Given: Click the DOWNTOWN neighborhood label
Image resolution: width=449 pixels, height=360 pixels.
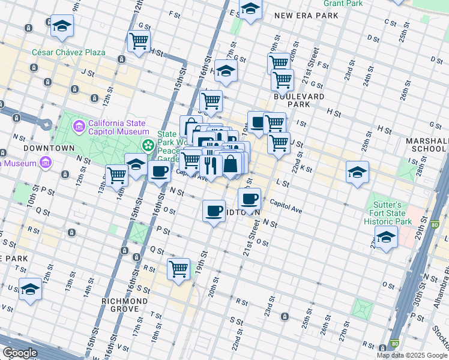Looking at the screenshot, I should click(x=49, y=148).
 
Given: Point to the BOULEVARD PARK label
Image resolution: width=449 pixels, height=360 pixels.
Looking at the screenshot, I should click(x=299, y=100).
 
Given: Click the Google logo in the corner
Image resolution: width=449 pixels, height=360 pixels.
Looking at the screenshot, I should click(x=20, y=353).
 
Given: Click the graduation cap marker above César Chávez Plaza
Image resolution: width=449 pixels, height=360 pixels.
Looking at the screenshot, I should click(x=61, y=26).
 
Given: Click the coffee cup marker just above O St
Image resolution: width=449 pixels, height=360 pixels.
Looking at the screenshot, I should click(x=214, y=211).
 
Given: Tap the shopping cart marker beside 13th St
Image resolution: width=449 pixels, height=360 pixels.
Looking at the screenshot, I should click(x=116, y=175).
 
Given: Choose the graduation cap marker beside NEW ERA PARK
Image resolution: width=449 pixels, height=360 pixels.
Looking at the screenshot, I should click(x=250, y=9).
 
